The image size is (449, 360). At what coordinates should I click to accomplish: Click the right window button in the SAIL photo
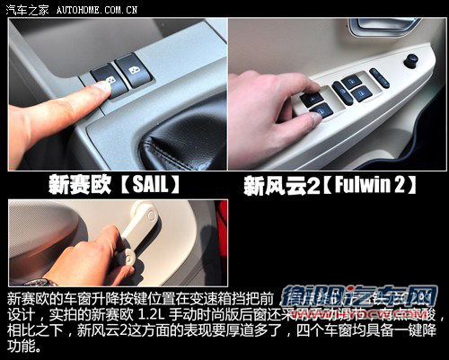click(x=133, y=68)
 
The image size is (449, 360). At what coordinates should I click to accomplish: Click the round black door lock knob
click(x=410, y=61)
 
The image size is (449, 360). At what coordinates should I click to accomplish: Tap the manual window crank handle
click(x=135, y=233)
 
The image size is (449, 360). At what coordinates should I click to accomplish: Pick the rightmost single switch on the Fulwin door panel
click(x=379, y=77)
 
